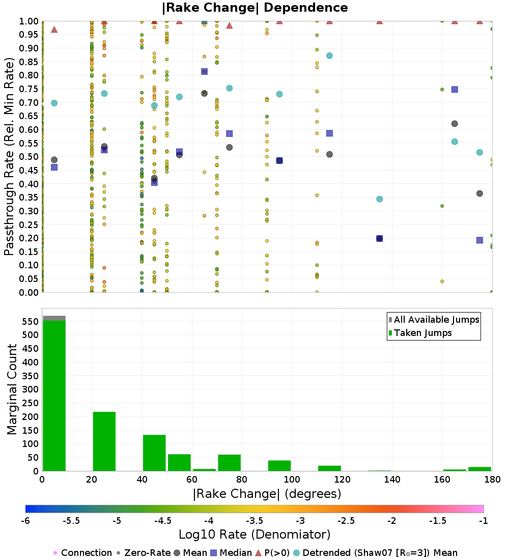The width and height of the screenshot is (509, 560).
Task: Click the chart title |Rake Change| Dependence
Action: click(x=254, y=8)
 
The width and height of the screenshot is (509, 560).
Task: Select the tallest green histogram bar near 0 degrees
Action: click(x=54, y=395)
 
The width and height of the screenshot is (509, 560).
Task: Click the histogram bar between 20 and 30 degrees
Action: click(x=104, y=441)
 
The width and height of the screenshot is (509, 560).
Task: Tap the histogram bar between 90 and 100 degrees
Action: click(x=279, y=466)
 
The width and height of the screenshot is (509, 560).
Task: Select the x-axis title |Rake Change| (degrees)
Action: click(x=267, y=494)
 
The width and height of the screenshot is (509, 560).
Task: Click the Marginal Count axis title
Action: click(x=12, y=389)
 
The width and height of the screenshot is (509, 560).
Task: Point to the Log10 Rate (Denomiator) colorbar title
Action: click(x=254, y=535)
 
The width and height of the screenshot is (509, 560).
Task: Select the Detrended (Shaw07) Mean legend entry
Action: click(x=380, y=553)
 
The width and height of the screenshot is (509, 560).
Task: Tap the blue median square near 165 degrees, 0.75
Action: click(x=455, y=90)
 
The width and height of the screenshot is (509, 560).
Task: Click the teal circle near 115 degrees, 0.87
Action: click(x=329, y=56)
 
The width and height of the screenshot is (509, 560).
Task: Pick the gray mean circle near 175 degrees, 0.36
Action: click(x=479, y=193)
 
